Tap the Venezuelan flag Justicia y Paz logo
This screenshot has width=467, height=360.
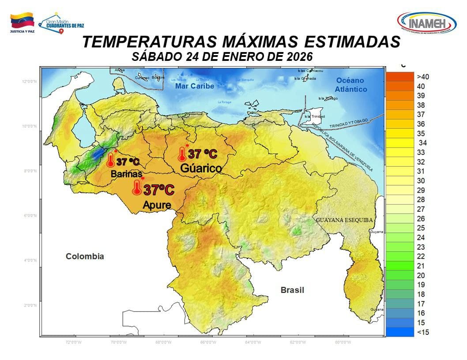pyautogui.click(x=22, y=23)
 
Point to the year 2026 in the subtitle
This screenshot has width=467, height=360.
pyautogui.click(x=298, y=56)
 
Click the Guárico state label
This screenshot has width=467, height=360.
pyautogui.click(x=201, y=168)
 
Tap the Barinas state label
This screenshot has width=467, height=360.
pyautogui.click(x=126, y=174)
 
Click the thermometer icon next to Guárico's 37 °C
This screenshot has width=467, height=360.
pyautogui.click(x=181, y=154)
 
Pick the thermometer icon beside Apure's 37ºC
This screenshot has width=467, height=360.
pyautogui.click(x=137, y=188)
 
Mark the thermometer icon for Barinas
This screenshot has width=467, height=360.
pyautogui.click(x=110, y=160)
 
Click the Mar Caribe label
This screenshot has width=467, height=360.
pyautogui.click(x=194, y=86)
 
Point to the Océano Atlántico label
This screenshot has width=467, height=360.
pyautogui.click(x=351, y=85)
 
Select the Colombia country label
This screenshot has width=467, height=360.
pyautogui.click(x=85, y=256)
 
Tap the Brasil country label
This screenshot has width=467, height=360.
pyautogui.click(x=292, y=290)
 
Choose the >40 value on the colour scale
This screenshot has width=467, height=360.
pyautogui.click(x=422, y=77)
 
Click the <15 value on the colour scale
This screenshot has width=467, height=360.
pyautogui.click(x=422, y=332)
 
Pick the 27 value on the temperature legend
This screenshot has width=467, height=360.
pyautogui.click(x=421, y=209)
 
